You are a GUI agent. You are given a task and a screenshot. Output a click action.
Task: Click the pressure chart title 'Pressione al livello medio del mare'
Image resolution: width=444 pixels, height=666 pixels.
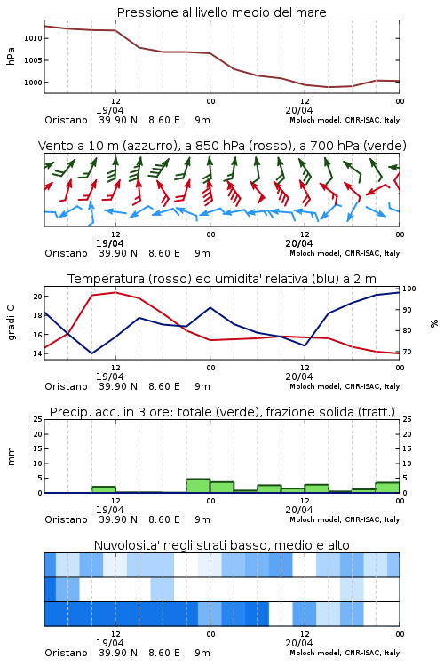click(x=221, y=12)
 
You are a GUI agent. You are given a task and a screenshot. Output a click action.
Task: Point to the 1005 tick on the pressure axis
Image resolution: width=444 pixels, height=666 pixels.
click(x=33, y=60)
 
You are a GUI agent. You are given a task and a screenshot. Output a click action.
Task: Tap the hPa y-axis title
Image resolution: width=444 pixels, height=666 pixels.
click(x=11, y=56)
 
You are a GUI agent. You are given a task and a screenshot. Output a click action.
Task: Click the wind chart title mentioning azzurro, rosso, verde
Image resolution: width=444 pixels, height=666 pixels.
click(x=222, y=146)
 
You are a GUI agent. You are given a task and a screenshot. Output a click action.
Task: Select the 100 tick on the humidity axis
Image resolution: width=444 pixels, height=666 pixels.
click(x=409, y=289)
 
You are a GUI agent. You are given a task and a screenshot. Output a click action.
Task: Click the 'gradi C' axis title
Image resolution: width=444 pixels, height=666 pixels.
click(x=12, y=322)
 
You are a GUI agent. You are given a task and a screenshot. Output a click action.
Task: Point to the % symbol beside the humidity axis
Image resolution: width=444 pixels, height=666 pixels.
click(x=434, y=323)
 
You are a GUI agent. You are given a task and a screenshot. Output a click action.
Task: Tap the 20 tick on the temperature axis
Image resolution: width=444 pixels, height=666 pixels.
click(x=37, y=297)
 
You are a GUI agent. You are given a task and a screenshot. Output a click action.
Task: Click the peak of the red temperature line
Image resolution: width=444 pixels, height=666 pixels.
click(x=115, y=292)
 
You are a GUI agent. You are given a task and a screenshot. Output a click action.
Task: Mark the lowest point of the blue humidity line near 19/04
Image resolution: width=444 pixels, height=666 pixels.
click(x=91, y=353)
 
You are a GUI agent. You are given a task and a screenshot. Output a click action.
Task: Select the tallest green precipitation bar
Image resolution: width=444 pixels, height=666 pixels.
click(x=198, y=486)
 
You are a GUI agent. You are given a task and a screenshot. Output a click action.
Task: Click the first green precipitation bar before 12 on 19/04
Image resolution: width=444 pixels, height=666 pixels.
click(x=104, y=489)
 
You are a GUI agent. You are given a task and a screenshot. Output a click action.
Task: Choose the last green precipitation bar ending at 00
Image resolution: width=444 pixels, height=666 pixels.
click(x=387, y=488)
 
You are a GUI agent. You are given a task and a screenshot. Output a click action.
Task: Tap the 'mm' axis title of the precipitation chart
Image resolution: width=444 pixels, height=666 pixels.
click(x=11, y=456)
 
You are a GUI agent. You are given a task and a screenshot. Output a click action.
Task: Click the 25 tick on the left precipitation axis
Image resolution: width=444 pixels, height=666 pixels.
click(x=37, y=419)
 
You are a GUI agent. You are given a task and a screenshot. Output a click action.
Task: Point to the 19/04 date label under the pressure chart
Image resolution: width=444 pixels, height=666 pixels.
click(x=109, y=110)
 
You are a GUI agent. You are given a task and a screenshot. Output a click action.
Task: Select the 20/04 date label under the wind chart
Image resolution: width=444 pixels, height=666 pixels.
click(x=298, y=243)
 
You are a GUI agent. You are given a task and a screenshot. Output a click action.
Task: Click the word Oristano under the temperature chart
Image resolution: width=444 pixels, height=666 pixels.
click(x=66, y=386)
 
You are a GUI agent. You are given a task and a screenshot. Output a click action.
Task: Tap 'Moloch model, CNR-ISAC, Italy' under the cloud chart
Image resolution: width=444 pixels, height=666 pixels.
click(x=345, y=653)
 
